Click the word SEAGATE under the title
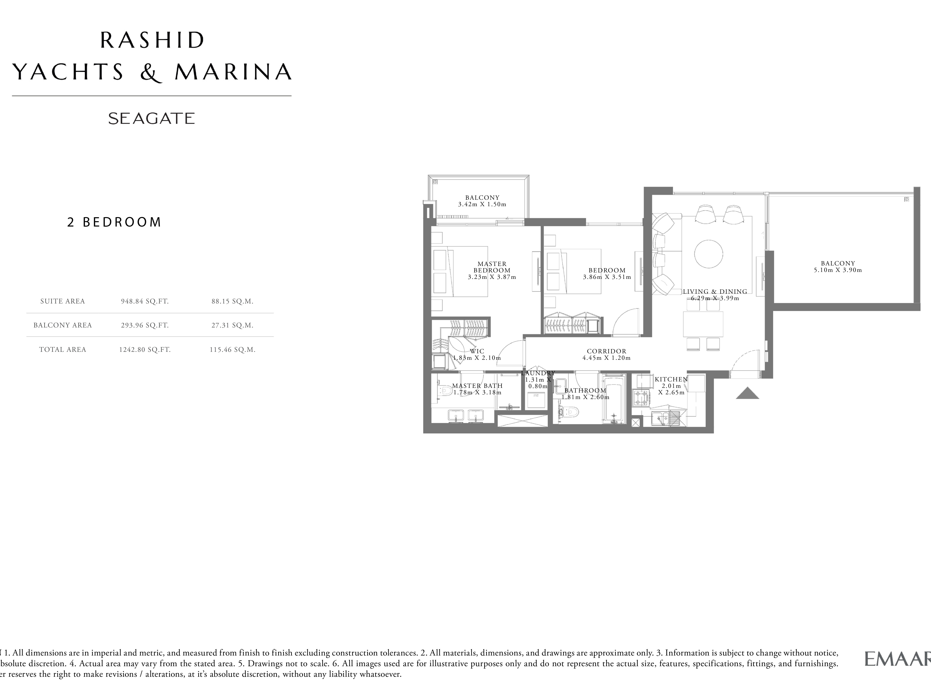[x=152, y=119]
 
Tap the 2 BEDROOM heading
[x=114, y=222]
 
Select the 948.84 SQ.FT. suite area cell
[x=145, y=301]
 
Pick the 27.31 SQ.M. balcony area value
[x=232, y=325]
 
